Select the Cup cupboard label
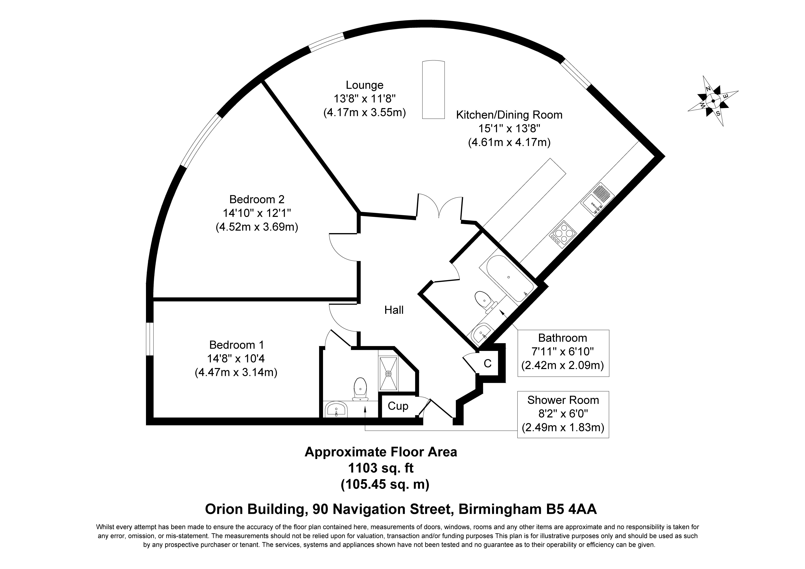(398, 406)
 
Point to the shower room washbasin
(336, 409)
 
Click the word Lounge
(365, 85)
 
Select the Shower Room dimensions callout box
(563, 414)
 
